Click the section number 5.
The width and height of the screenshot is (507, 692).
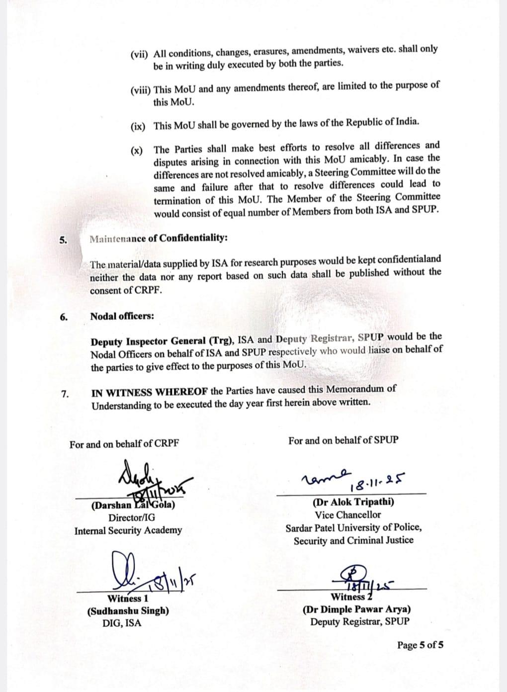[63, 240]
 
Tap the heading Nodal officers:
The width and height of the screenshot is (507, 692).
[122, 316]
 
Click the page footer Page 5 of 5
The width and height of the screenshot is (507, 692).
[420, 645]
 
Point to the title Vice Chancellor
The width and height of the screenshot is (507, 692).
[347, 515]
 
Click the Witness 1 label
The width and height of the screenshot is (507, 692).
[128, 598]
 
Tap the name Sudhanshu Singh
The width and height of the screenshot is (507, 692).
[128, 610]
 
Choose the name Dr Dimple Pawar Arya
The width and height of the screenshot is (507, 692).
[356, 609]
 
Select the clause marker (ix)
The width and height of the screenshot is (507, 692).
[138, 126]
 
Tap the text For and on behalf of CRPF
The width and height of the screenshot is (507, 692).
[124, 444]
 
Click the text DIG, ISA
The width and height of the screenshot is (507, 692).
[121, 623]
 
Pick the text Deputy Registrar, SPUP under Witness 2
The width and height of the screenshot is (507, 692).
[360, 621]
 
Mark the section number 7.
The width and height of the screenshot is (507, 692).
[65, 394]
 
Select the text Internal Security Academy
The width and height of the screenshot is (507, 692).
[128, 530]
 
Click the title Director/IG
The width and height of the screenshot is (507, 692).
[131, 518]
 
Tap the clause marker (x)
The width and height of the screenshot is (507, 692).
[136, 151]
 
